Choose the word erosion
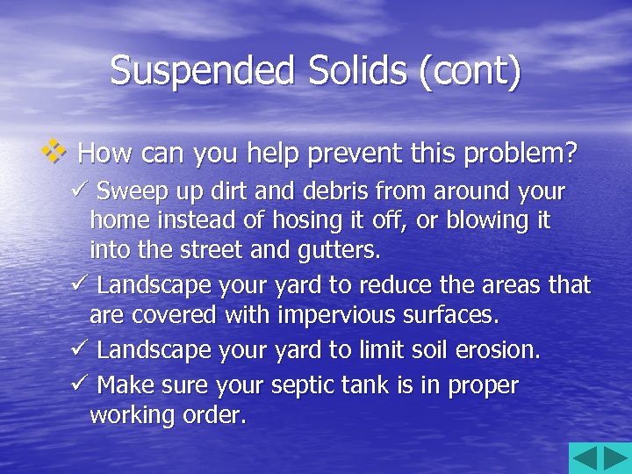click(x=498, y=349)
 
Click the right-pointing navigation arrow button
click(x=614, y=457)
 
